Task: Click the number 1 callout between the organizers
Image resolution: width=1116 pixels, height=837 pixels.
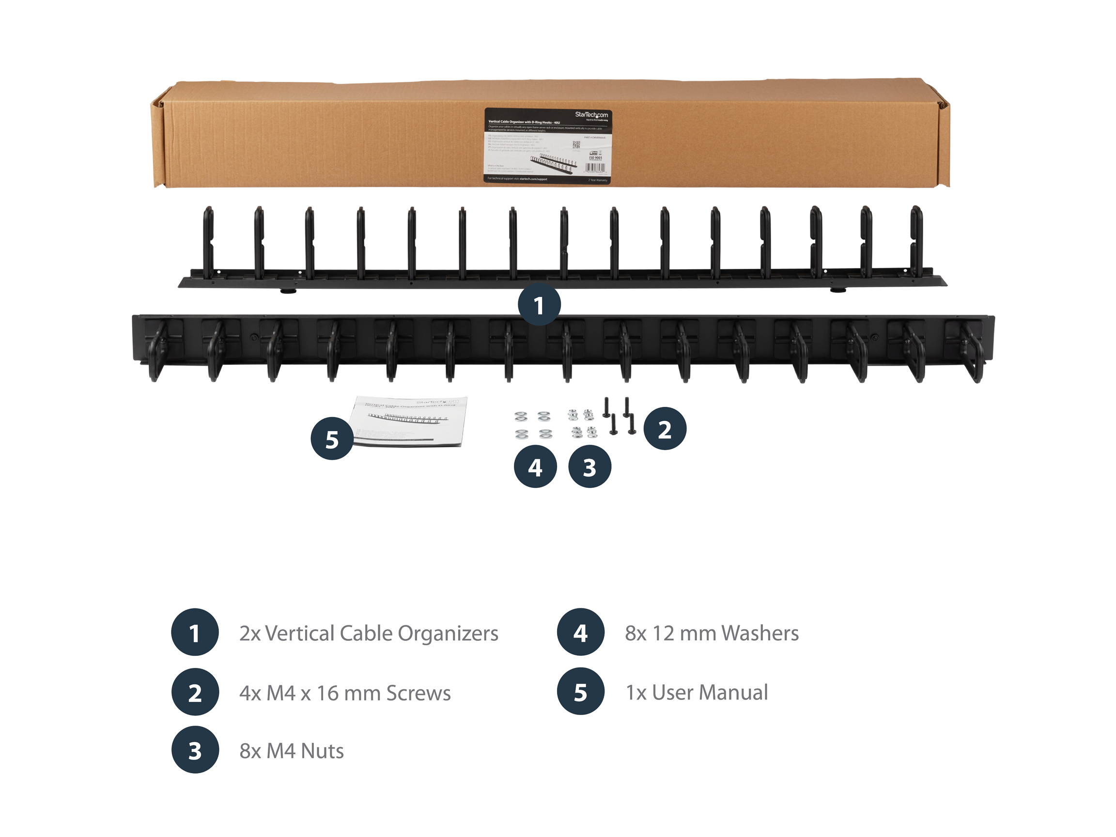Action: pos(539,305)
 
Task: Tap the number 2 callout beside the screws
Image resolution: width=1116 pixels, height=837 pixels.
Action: pos(665,429)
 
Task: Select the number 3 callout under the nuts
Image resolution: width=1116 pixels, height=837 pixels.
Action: pos(589,466)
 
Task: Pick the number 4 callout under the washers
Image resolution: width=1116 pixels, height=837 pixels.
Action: pos(535,466)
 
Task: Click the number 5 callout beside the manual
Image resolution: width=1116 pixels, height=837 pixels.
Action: pos(331,438)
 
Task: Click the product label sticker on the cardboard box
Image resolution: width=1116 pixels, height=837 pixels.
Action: pos(547,146)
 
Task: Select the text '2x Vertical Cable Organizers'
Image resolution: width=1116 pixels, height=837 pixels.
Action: pos(368,633)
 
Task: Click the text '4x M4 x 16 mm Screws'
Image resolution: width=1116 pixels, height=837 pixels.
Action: pos(345,693)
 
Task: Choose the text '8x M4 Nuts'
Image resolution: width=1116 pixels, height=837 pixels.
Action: pos(292,751)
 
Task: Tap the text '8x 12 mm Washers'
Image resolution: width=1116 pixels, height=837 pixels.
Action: pos(712,633)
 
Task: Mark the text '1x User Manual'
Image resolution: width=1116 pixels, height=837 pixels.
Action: pos(697,693)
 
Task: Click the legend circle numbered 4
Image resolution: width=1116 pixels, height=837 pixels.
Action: pos(580,632)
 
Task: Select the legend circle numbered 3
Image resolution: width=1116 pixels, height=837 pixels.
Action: pos(195,750)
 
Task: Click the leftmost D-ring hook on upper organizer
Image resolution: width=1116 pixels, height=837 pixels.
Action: pos(208,242)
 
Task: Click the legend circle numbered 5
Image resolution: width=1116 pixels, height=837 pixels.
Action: pos(580,692)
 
